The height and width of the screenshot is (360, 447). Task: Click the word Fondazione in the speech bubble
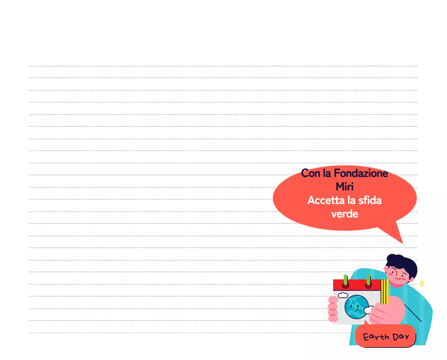pos(361,173)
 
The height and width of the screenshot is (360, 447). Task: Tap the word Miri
pos(345,186)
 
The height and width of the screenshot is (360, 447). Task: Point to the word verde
pos(345,214)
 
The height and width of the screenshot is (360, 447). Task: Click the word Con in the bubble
pos(310,173)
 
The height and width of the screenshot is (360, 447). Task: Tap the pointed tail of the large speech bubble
pos(403,243)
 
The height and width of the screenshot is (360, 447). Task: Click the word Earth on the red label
pos(376,337)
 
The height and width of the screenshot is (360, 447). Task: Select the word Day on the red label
pos(401,337)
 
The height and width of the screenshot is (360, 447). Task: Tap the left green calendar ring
pos(345,280)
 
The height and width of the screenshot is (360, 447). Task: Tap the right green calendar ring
pos(368,280)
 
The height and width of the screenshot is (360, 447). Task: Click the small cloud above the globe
pos(343,295)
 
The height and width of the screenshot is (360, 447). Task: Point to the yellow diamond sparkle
pos(422,283)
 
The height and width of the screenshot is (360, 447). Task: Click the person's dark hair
pos(403,264)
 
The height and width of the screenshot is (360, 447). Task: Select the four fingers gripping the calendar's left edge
pos(333,309)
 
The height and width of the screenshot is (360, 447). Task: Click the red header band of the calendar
pos(357,285)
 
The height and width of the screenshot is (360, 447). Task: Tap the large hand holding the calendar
pos(387,310)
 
